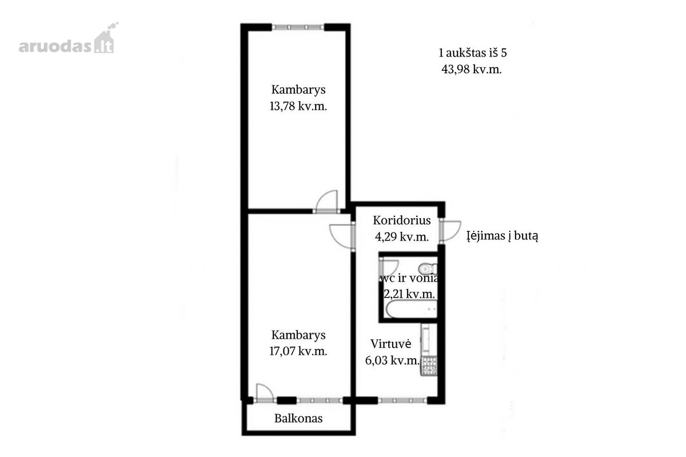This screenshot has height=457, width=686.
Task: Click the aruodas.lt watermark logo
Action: point(68,39)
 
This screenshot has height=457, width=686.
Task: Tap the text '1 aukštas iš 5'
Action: point(473,53)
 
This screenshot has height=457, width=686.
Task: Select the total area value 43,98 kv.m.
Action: point(471,70)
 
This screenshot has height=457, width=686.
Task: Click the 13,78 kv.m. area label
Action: point(298,106)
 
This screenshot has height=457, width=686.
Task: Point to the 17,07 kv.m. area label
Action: point(298,351)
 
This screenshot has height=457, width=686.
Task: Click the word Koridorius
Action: point(402,221)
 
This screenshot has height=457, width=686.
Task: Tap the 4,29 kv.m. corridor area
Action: point(402,236)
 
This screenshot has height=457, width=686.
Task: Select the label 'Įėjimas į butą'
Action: point(502,236)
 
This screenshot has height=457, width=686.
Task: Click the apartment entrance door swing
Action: point(450,230)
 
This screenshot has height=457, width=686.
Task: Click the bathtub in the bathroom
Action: point(411,309)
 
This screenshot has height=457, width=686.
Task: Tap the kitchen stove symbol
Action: point(429,366)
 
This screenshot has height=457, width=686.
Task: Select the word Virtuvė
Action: point(391,344)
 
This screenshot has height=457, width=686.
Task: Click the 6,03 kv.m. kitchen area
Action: point(392,360)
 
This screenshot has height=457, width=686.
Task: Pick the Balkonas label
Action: point(298,418)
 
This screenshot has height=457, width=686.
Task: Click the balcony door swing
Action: point(265,392)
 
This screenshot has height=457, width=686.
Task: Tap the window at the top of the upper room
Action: point(298,27)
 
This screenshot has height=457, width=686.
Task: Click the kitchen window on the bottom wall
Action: point(402,400)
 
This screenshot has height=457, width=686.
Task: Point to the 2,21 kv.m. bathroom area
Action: point(409,294)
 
